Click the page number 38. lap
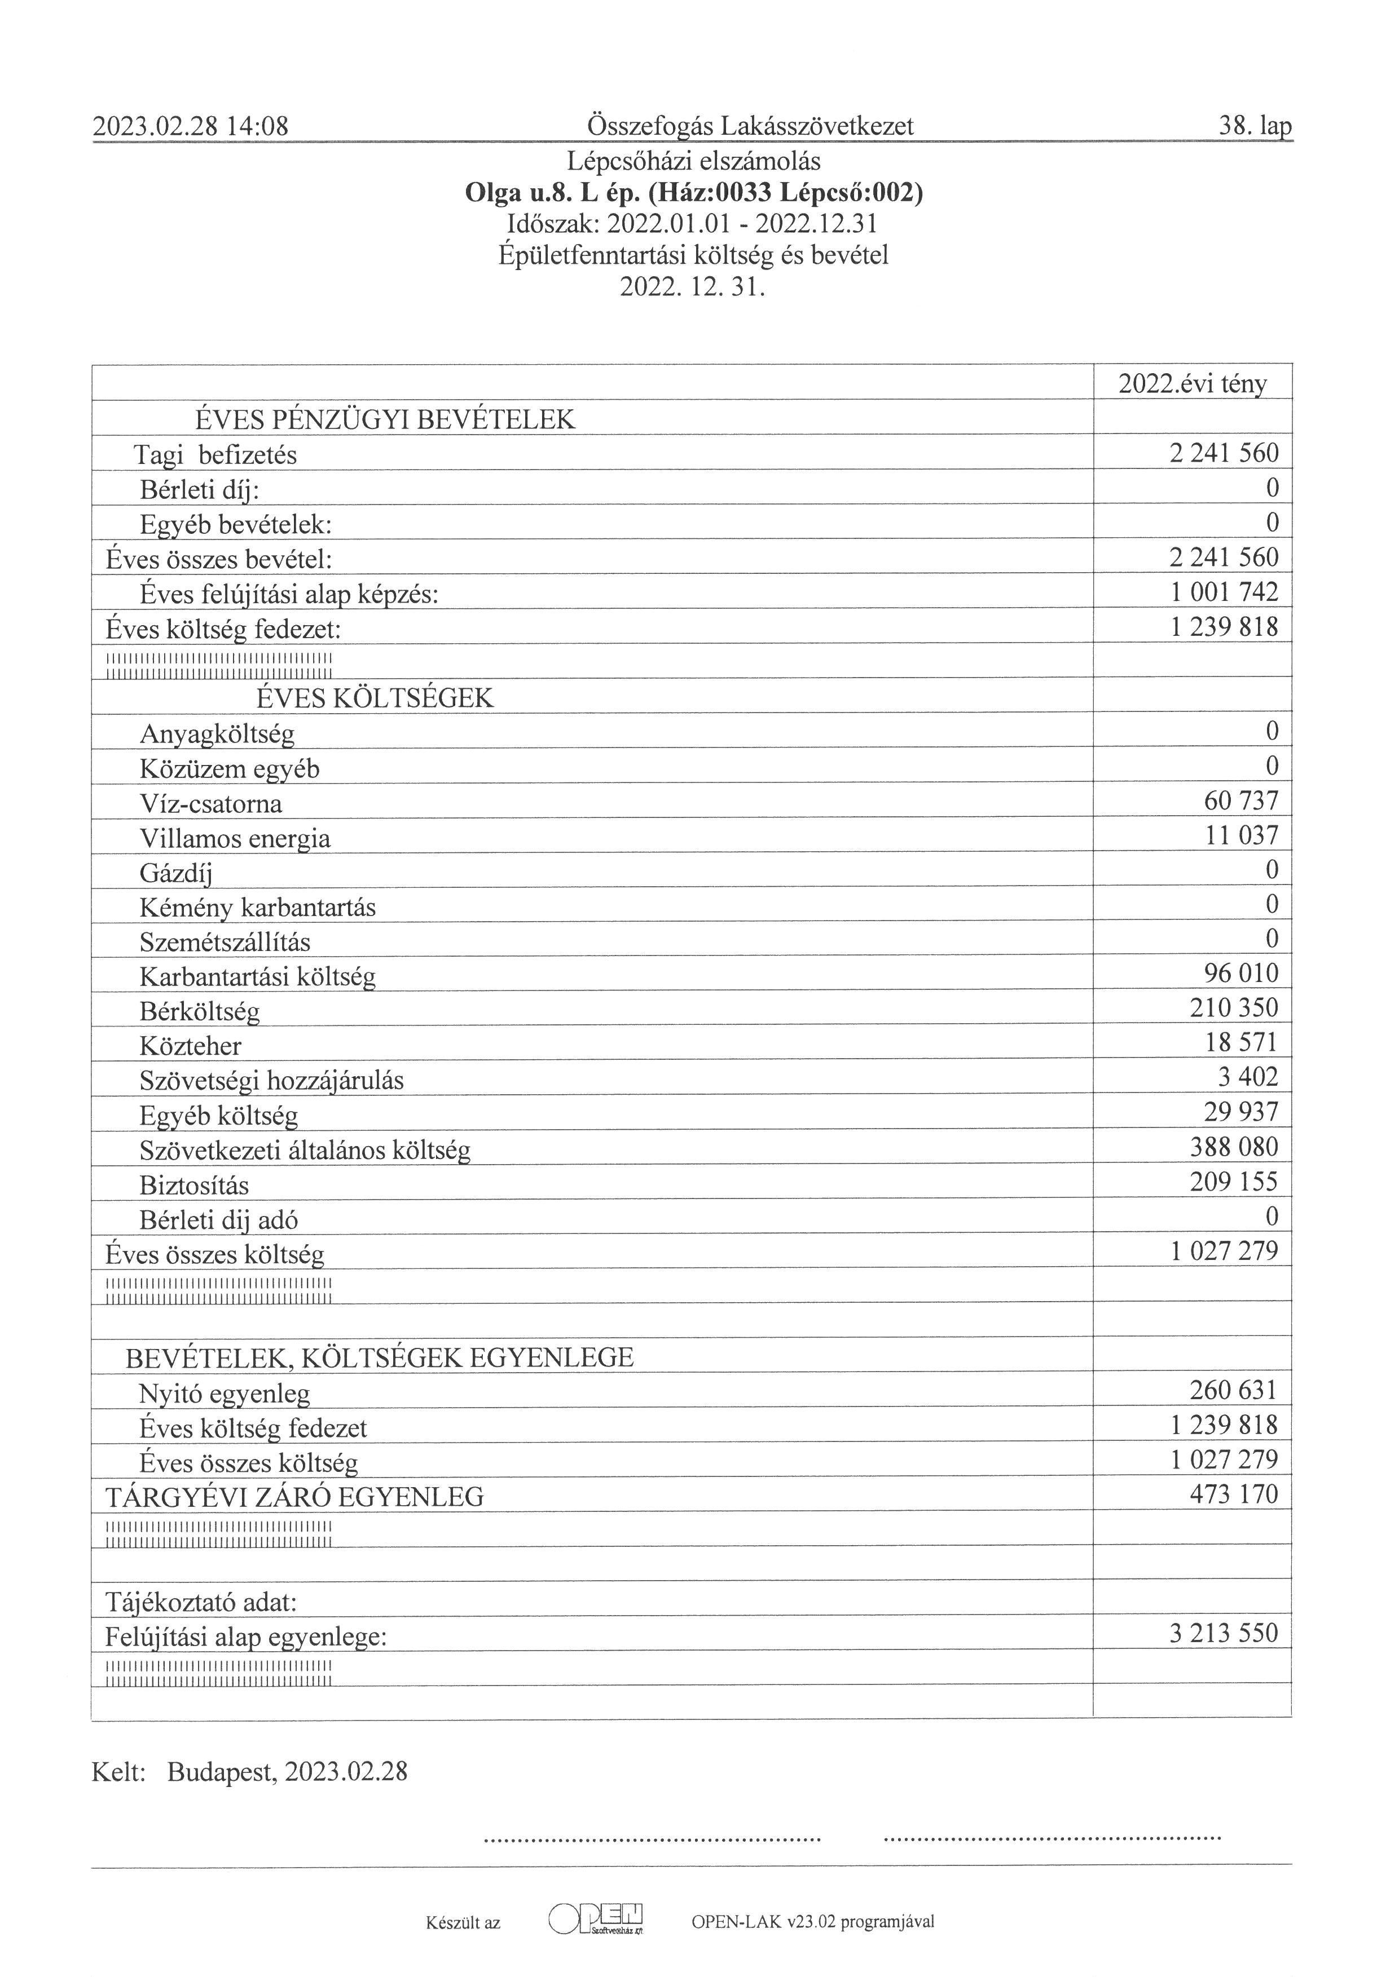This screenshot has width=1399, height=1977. tap(1254, 127)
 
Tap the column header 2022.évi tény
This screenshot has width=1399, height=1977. tap(1192, 383)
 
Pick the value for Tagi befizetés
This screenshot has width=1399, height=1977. tap(1223, 453)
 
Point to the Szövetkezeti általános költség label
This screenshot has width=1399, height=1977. tap(305, 1151)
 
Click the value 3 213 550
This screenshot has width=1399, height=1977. tap(1223, 1634)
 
